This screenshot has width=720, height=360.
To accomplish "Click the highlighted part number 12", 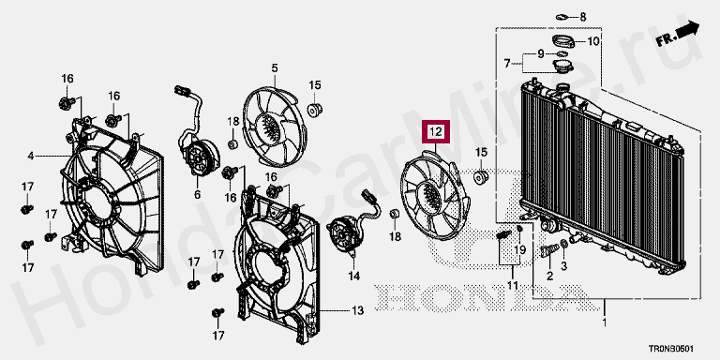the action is [x=435, y=133].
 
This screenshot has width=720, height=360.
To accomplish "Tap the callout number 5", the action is [x=274, y=68].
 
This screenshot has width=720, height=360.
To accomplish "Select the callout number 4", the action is [x=30, y=157].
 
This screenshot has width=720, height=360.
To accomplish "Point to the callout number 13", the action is [x=358, y=311].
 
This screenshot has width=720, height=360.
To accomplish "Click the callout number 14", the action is [x=354, y=276].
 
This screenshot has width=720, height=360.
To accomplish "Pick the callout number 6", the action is [x=197, y=195].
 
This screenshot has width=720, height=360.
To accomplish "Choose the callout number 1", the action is [x=605, y=322].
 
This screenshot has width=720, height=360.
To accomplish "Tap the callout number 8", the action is [x=583, y=18].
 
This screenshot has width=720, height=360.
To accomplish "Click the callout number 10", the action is [x=593, y=41].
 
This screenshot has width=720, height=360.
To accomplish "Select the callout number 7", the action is [x=507, y=64].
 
